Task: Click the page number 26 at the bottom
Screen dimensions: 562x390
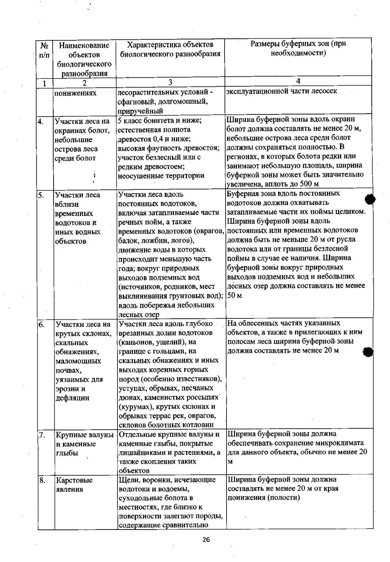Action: click(x=206, y=540)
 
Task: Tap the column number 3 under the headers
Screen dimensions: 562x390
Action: click(x=170, y=82)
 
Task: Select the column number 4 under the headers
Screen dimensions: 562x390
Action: click(x=298, y=81)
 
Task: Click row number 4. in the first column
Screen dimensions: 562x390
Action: click(x=41, y=122)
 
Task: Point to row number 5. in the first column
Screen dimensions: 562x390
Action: click(x=41, y=195)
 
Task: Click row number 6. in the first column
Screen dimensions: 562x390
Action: click(x=41, y=324)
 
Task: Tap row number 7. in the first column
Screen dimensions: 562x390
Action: click(x=41, y=435)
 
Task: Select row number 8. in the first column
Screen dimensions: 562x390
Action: click(x=42, y=480)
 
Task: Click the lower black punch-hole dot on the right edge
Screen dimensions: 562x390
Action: click(x=368, y=352)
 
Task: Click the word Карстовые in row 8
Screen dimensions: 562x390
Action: click(x=74, y=480)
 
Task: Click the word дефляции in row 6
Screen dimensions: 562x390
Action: click(x=72, y=398)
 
